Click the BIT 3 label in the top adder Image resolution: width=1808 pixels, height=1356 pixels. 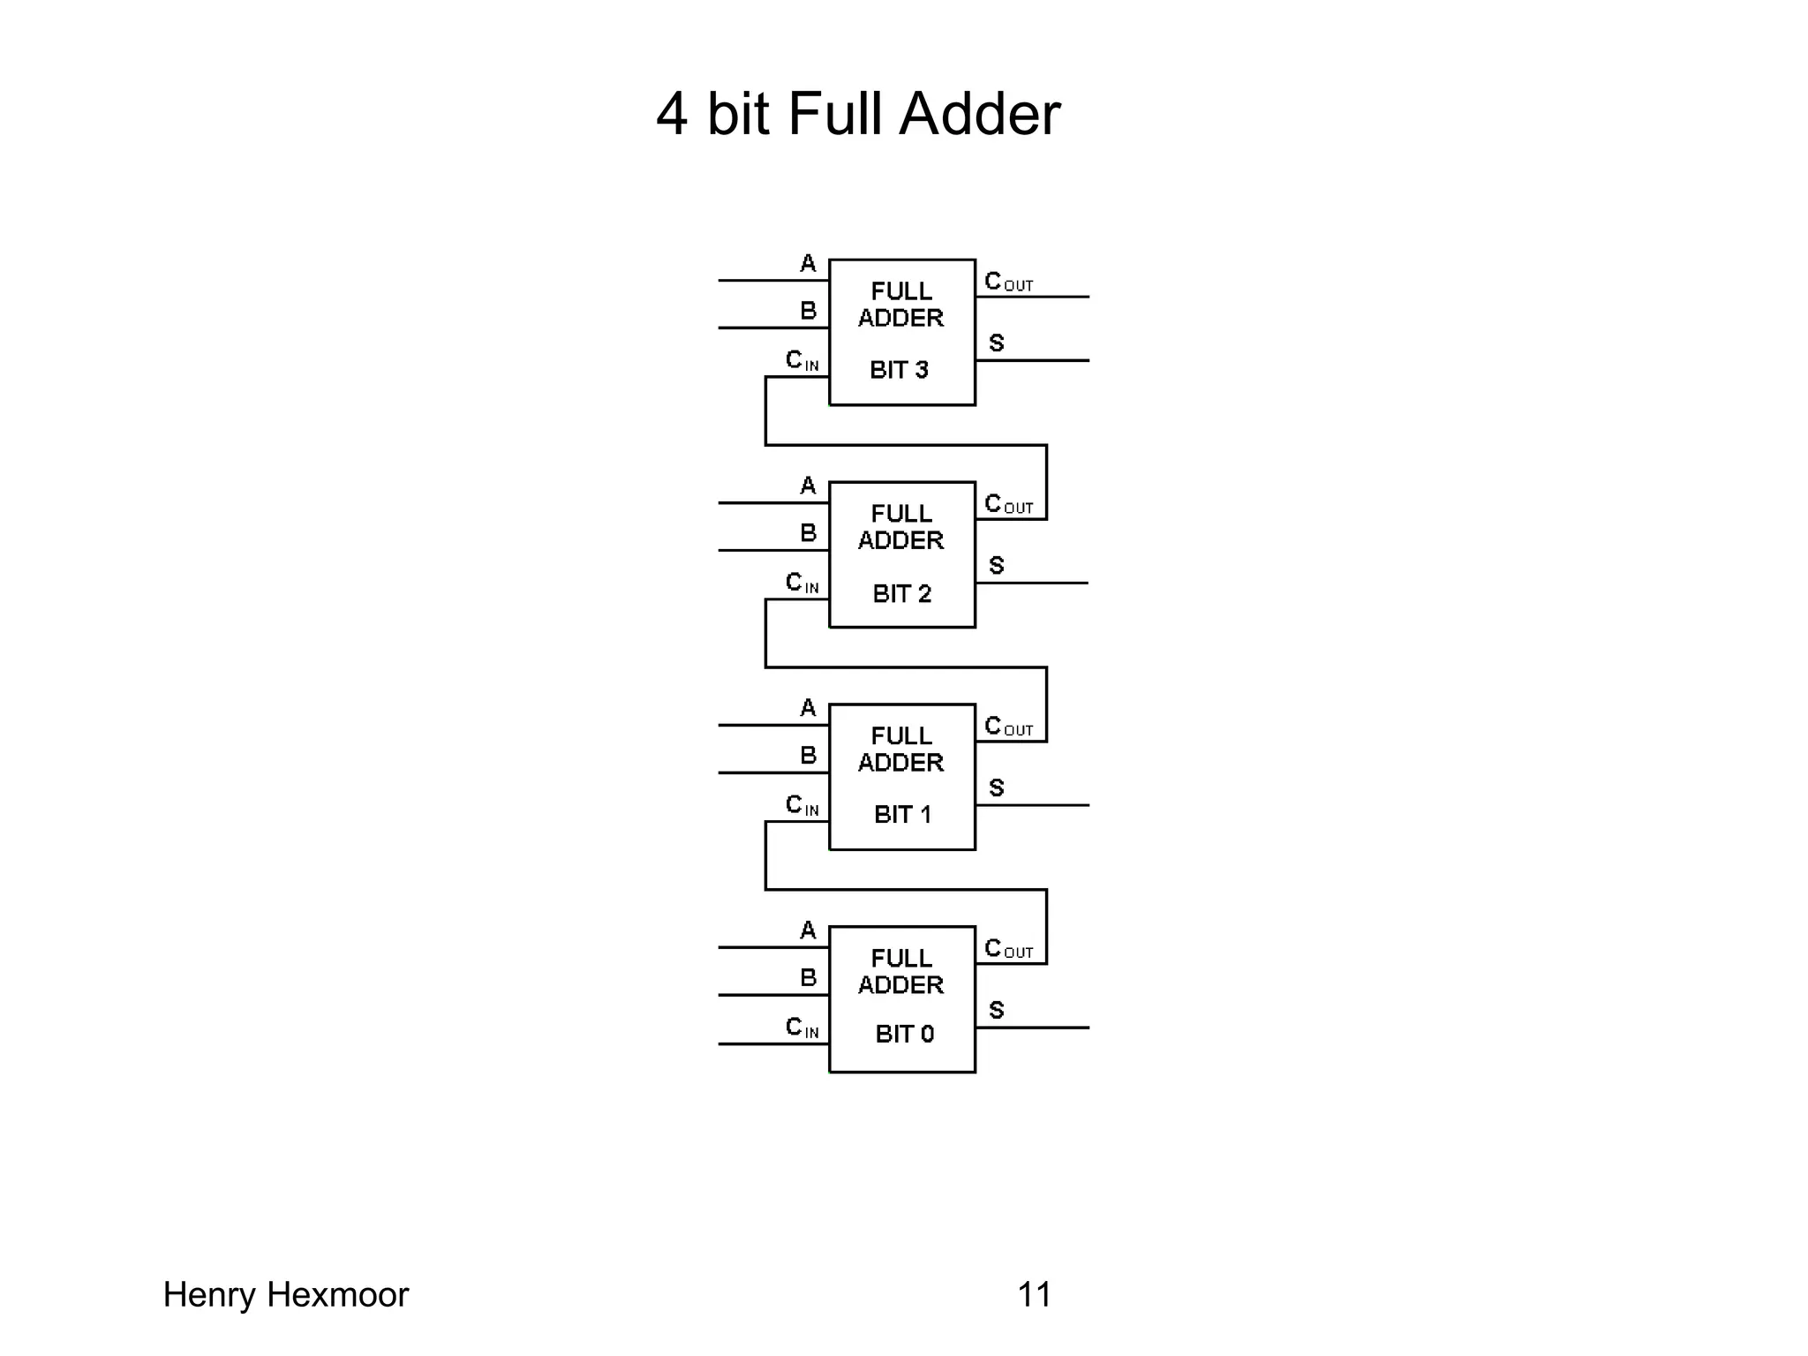pos(899,370)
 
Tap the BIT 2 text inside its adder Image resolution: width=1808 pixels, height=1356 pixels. pos(901,593)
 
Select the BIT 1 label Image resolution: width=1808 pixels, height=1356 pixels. pos(902,814)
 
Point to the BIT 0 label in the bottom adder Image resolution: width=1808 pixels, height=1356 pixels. pos(904,1034)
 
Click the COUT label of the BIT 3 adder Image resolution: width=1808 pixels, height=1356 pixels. pos(1007,282)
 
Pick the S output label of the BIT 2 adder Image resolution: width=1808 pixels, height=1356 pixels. pos(997,565)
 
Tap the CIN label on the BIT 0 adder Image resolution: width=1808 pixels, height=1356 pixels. pos(802,1028)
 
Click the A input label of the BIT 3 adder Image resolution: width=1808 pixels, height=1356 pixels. pos(808,263)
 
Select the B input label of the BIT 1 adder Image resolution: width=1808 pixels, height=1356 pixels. pos(808,756)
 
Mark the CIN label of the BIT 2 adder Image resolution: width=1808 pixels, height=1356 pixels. pos(802,583)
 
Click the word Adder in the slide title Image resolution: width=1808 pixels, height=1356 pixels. pos(979,115)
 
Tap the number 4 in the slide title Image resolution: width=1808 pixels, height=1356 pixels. pos(672,115)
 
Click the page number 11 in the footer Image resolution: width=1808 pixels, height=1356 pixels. pos(1034,1295)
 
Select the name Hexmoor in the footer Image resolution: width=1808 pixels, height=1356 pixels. pos(337,1295)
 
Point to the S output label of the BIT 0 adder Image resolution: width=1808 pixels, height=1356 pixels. pos(997,1010)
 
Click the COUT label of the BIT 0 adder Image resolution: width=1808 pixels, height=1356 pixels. pos(1007,949)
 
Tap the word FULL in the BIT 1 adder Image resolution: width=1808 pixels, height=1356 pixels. pos(901,736)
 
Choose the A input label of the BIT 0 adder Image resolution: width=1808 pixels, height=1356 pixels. pos(808,930)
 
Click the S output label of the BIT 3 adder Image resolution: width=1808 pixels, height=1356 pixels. pos(997,343)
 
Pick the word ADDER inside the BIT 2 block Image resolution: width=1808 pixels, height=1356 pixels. pos(901,540)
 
